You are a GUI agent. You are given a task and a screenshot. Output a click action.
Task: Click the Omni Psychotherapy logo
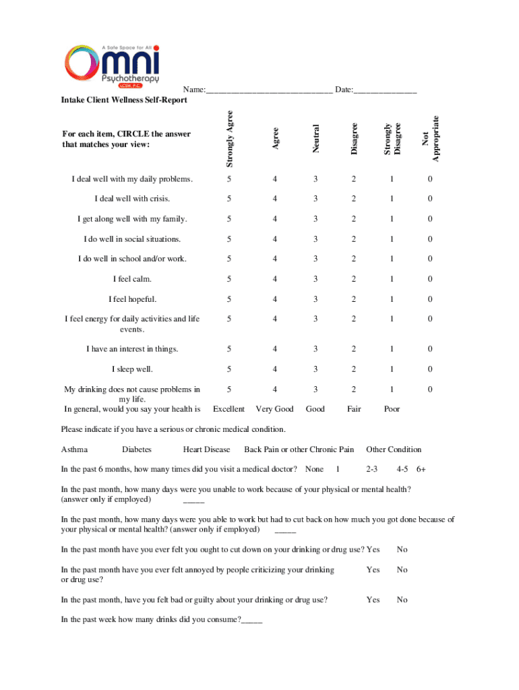(x=111, y=66)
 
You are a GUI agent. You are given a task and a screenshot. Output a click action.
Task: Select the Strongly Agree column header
(x=230, y=139)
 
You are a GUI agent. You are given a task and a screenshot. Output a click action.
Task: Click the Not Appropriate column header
(x=431, y=139)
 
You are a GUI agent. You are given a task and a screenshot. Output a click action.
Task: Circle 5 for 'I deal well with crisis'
(x=230, y=199)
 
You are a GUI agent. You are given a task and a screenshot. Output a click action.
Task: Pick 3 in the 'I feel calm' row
(x=314, y=279)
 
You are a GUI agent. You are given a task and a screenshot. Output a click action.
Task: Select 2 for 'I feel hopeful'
(x=353, y=299)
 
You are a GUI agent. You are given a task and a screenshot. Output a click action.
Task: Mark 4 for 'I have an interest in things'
(x=274, y=349)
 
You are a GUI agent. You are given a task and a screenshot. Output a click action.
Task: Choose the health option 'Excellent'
(x=228, y=409)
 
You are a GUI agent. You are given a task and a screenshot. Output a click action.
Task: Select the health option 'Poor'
(x=392, y=409)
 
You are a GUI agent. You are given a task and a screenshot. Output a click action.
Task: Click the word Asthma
(x=74, y=449)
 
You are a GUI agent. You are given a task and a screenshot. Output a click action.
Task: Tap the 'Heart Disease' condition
(x=206, y=449)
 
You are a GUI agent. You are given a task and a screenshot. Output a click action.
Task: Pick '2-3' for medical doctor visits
(x=372, y=469)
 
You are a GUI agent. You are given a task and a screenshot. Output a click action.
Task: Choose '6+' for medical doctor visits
(x=422, y=469)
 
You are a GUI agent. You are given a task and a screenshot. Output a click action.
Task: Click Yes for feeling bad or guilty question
(x=373, y=600)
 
